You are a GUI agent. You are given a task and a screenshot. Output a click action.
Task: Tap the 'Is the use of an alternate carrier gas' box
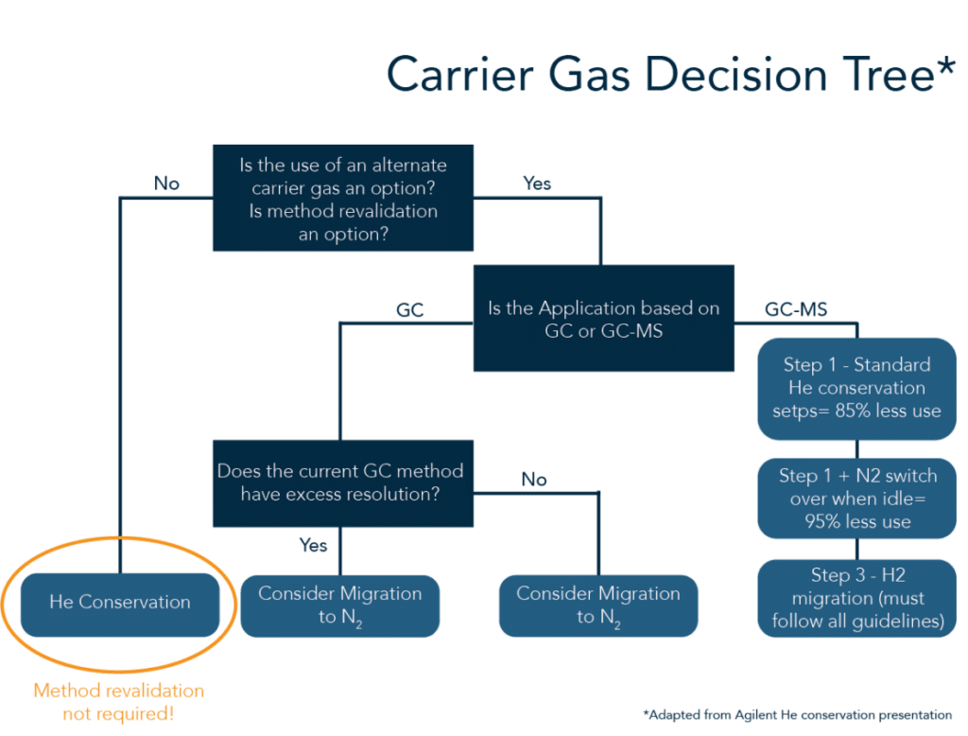pos(343,198)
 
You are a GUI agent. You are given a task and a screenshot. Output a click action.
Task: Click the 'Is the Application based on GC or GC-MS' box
pos(604,318)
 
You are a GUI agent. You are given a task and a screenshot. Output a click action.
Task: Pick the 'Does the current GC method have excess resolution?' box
pos(343,483)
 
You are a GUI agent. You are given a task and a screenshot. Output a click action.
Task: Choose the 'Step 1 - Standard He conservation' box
pos(856,389)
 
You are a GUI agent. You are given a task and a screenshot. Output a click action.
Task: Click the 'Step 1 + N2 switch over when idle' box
pos(856,499)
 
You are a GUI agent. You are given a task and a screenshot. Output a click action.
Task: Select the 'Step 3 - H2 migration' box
pos(856,598)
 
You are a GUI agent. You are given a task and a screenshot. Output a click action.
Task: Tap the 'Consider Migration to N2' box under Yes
pos(339,605)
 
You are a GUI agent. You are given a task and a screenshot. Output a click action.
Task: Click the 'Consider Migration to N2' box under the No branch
pos(598,605)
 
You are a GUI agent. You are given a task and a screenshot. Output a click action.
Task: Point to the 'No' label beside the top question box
pos(166,184)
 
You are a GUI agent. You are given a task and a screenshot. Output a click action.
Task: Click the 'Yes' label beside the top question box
pos(537,184)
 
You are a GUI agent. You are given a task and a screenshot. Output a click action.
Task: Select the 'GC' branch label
pos(410,309)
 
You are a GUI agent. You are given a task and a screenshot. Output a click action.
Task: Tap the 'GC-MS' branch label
pos(796,309)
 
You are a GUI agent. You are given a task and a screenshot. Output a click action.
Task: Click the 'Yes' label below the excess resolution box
pos(313,545)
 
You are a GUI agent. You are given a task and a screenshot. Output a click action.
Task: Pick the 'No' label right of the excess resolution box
pos(534,480)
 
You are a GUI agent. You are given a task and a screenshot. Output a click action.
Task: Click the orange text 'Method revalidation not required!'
pos(118,702)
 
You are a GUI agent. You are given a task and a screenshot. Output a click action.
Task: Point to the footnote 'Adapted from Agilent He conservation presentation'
pos(797,715)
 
